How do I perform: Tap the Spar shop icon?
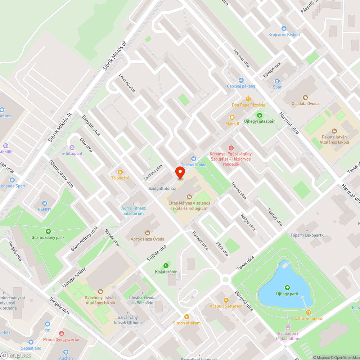[x=277, y=81]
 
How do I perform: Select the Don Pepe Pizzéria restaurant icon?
[x=248, y=99]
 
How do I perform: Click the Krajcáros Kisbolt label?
[x=284, y=35]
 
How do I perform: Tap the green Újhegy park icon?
[x=287, y=287]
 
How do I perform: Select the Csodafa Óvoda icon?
[x=305, y=97]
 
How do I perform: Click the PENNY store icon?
[x=45, y=203]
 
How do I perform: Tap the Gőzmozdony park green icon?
[x=48, y=231]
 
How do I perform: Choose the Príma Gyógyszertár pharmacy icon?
[x=62, y=333]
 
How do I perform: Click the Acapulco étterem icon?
[x=226, y=300]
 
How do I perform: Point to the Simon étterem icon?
[x=186, y=317]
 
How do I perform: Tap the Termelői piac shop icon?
[x=194, y=159]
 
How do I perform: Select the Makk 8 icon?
[x=232, y=117]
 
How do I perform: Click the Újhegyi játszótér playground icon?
[x=259, y=115]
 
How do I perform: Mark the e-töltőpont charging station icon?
[x=72, y=148]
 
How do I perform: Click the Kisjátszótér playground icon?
[x=166, y=266]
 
